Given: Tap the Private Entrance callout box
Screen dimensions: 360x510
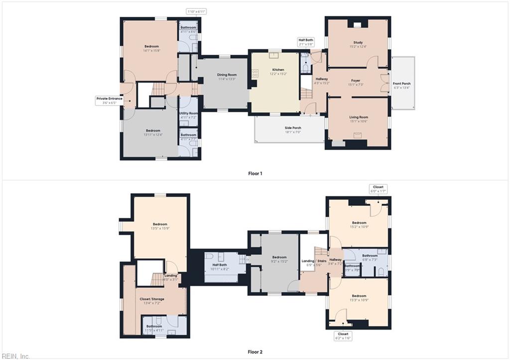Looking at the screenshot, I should pyautogui.click(x=109, y=101).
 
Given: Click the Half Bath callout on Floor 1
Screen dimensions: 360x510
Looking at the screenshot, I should pyautogui.click(x=306, y=42).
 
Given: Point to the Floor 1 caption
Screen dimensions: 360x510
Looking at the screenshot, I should pyautogui.click(x=255, y=173).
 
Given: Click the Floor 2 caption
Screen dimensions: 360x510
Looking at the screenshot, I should pyautogui.click(x=255, y=352).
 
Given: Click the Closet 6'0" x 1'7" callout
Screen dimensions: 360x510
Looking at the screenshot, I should pyautogui.click(x=378, y=189).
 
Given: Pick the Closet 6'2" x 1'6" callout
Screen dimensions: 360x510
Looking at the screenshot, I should pyautogui.click(x=343, y=336).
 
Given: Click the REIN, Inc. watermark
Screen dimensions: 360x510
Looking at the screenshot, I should pyautogui.click(x=15, y=356).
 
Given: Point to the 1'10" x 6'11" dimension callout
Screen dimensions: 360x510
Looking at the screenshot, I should pyautogui.click(x=196, y=11).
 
